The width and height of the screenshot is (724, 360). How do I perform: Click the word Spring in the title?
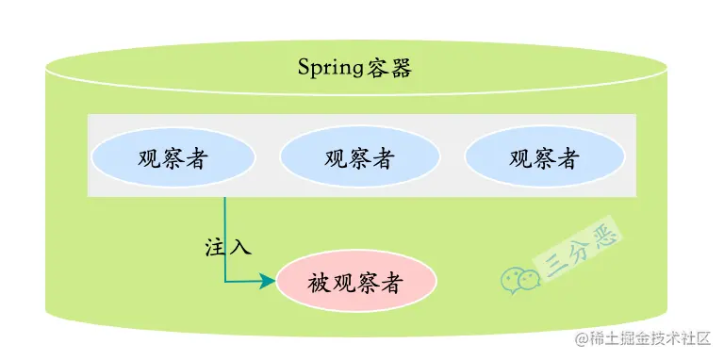327,68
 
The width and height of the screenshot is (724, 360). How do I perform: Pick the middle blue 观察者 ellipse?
359,156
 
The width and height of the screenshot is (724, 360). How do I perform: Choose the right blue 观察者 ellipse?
544,156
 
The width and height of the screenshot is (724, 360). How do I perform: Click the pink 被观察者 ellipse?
356,282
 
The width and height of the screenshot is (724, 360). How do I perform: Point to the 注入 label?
228,248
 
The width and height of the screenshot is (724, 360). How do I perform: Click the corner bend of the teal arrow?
225,280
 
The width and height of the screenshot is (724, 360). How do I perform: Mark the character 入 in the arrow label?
240,248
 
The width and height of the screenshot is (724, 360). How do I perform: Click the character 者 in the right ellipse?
568,156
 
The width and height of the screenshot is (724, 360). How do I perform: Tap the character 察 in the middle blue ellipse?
359,156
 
